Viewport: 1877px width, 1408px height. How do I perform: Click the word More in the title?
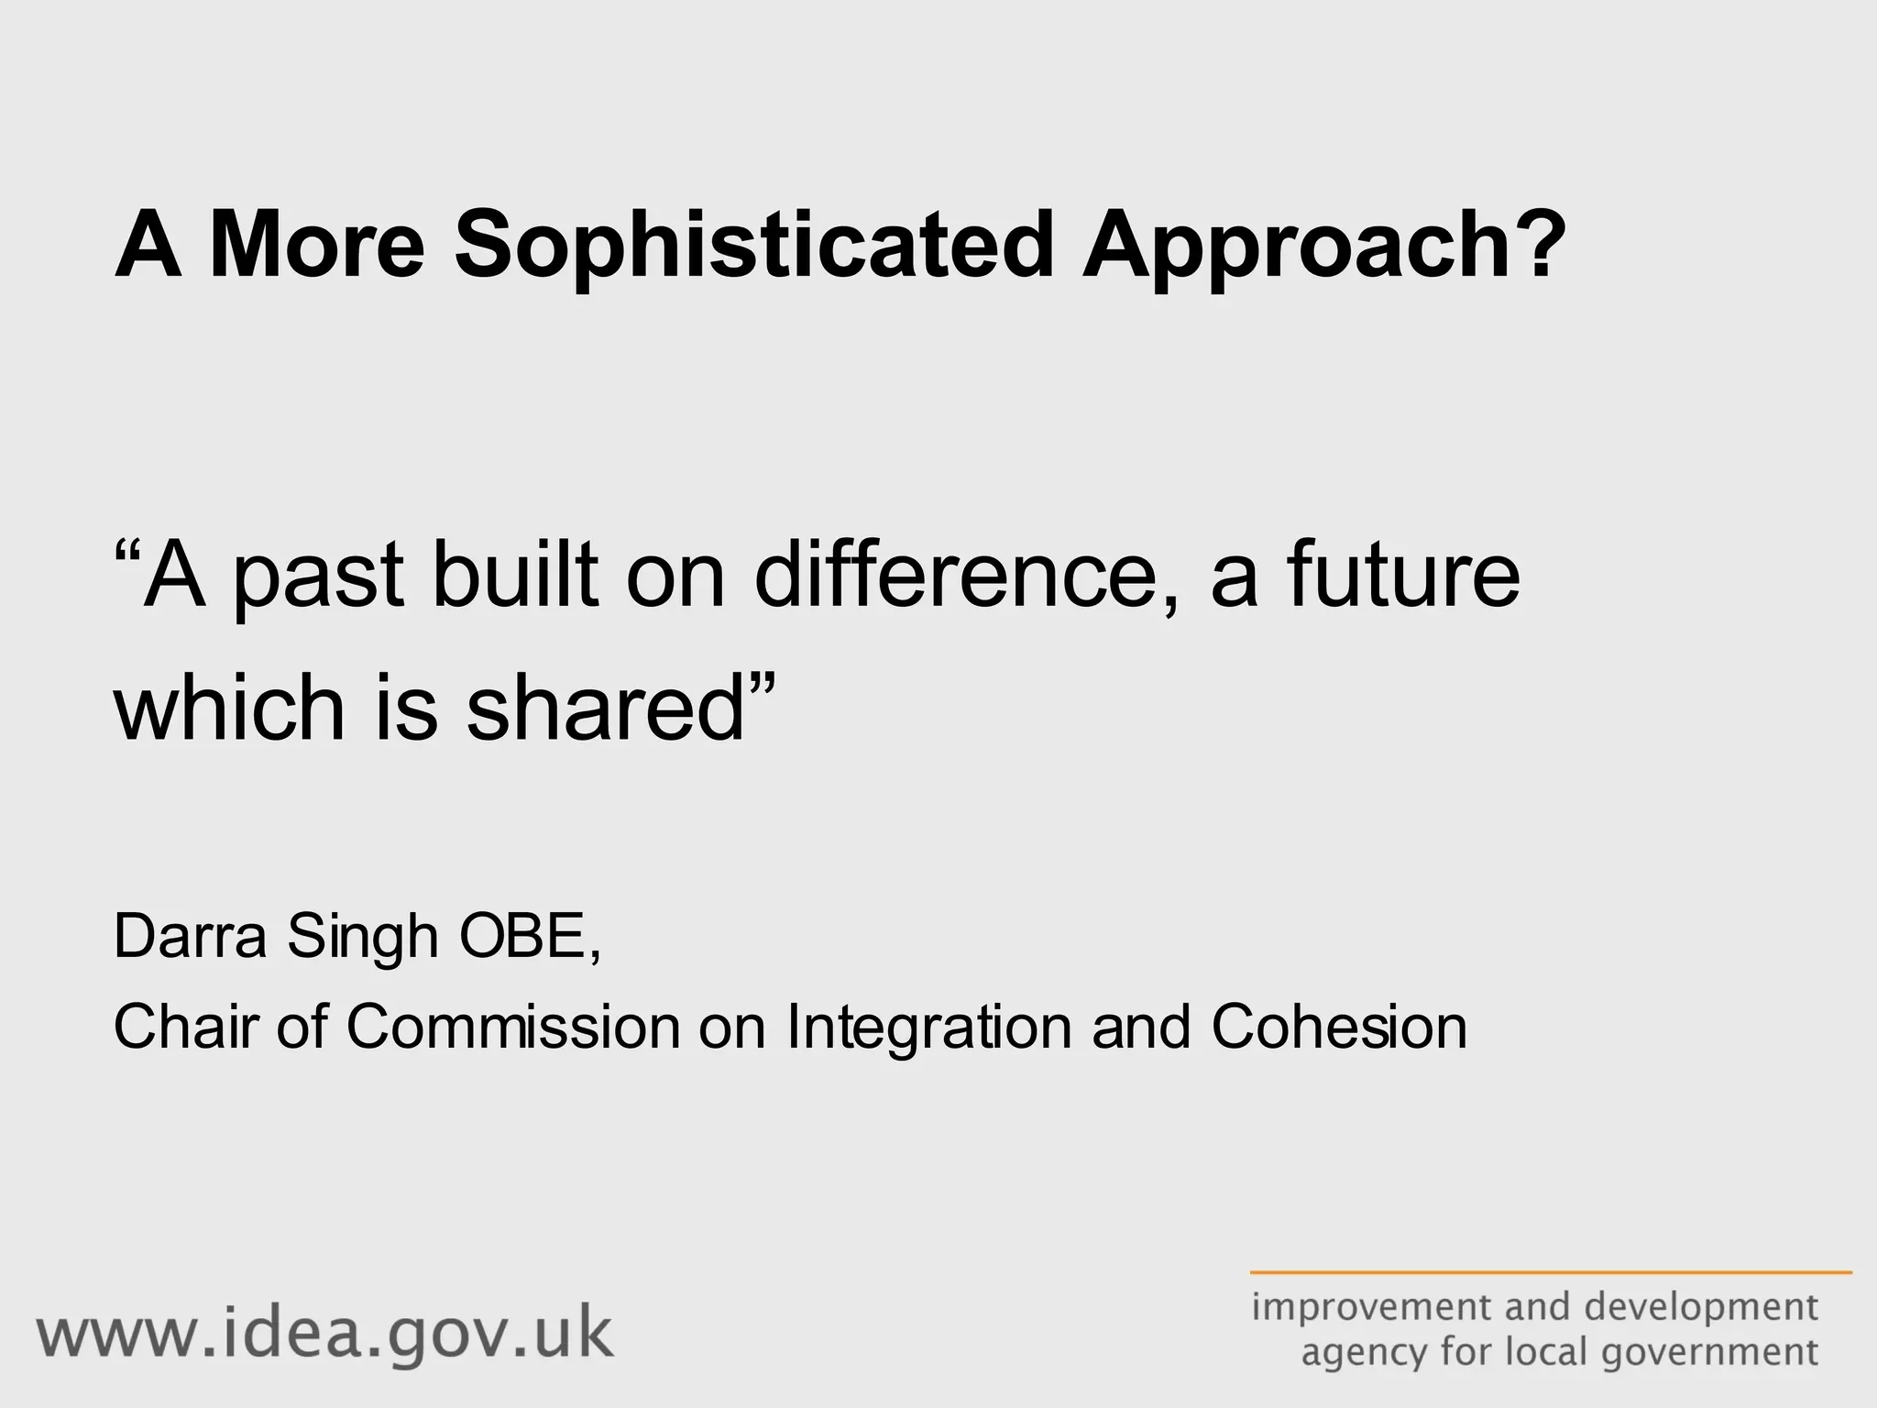coord(317,246)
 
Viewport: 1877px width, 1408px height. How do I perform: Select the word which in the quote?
coord(228,708)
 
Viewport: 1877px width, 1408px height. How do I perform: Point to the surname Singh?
coord(363,938)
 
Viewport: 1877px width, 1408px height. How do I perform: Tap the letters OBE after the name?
coord(522,936)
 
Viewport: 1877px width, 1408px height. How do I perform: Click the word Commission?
coord(513,1026)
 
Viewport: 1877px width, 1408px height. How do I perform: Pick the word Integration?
coord(928,1028)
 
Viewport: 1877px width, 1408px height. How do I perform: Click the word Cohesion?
coord(1339,1026)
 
